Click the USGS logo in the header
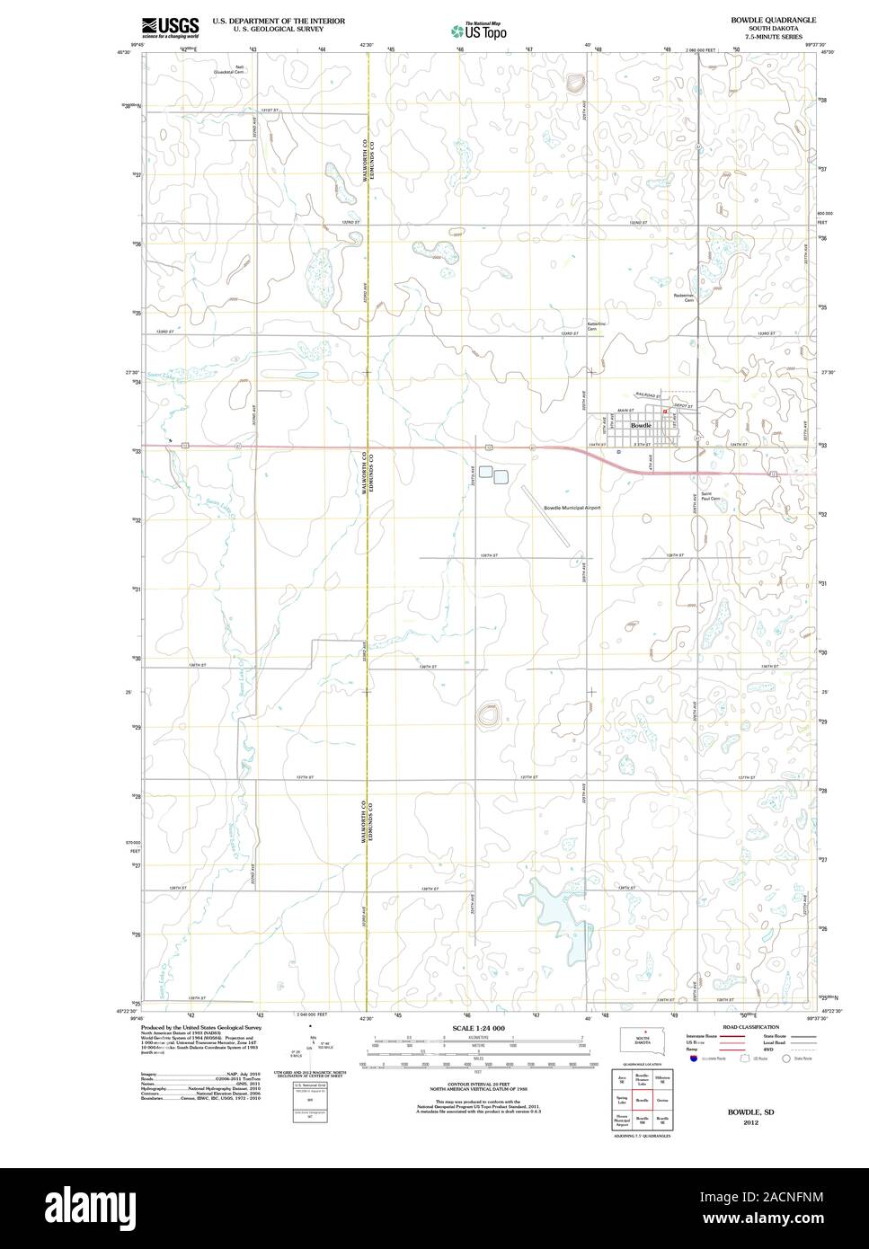click(170, 26)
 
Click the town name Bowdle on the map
click(641, 424)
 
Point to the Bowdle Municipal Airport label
click(572, 508)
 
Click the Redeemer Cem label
click(684, 297)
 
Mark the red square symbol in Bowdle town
click(664, 412)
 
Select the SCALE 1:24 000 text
click(478, 1027)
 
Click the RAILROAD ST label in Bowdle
click(647, 395)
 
